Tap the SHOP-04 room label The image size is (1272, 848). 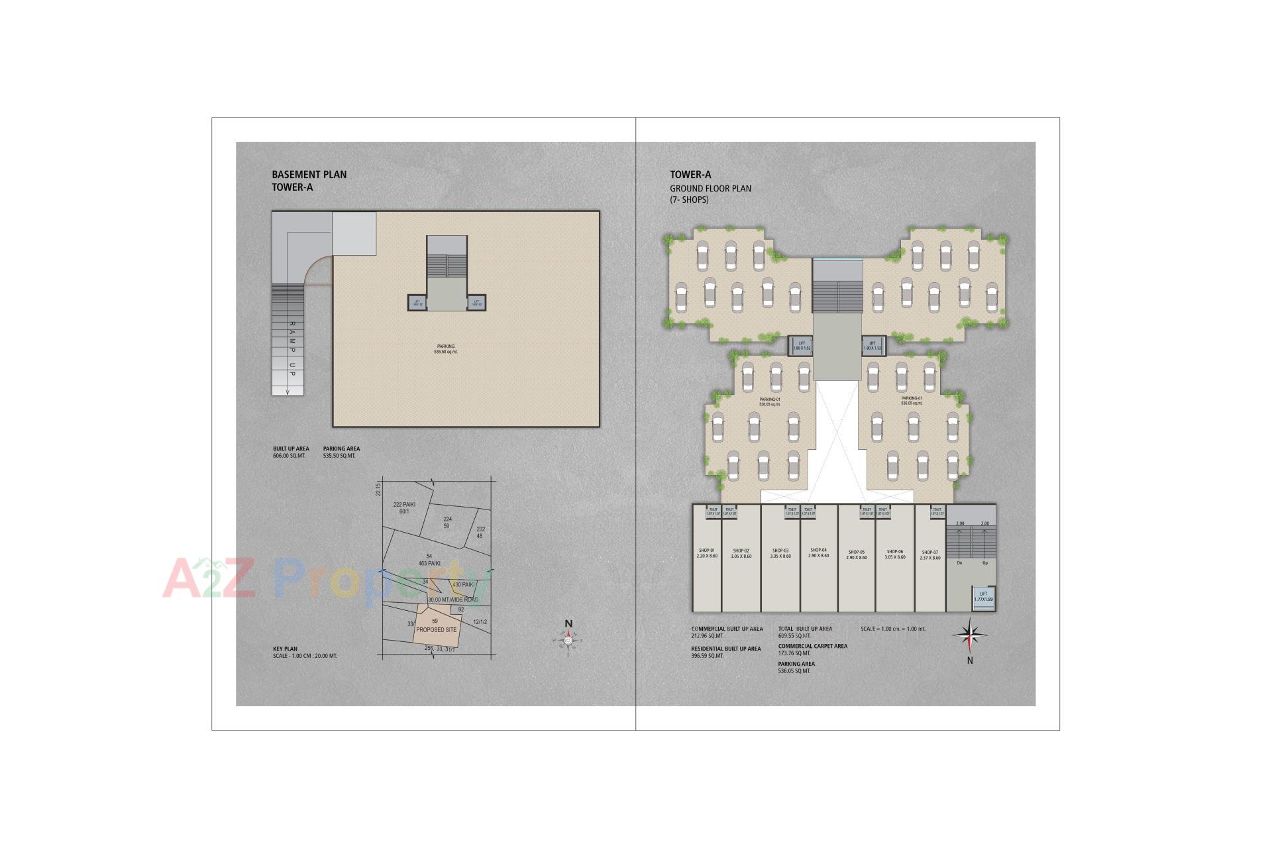818,550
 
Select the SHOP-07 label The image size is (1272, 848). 929,552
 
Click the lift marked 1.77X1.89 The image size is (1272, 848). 983,596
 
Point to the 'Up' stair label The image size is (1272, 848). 985,563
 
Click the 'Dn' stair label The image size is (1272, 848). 959,563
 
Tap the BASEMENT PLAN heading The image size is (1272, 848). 309,175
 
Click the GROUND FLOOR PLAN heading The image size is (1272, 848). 710,189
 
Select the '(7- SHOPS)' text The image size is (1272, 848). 689,200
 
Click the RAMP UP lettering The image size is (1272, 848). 291,350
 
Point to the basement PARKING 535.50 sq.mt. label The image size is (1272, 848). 446,349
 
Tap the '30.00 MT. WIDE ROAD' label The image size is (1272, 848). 453,600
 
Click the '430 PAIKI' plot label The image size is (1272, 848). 464,585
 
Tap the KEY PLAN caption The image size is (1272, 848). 285,649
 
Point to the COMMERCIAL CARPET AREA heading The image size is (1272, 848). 812,646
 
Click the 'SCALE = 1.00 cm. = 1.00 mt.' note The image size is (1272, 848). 893,629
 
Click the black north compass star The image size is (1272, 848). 970,635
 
